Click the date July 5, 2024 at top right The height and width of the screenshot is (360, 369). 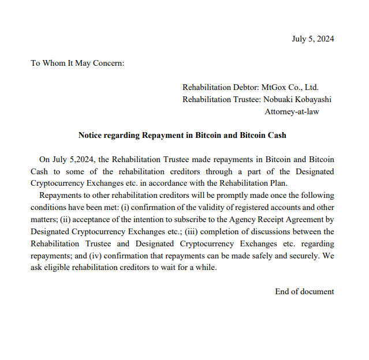(x=312, y=39)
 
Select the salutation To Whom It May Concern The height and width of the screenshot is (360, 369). (x=77, y=63)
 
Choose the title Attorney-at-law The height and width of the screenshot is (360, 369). (x=292, y=111)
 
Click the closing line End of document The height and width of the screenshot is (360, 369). (x=304, y=291)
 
